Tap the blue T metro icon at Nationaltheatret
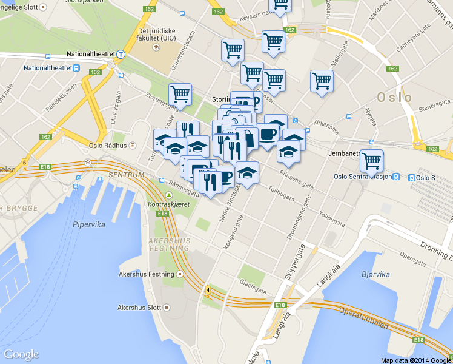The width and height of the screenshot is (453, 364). click(121, 54)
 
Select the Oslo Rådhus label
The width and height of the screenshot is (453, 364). click(108, 146)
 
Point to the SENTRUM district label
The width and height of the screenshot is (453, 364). click(127, 175)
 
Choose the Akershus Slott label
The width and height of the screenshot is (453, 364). click(139, 308)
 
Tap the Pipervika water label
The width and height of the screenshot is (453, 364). click(89, 224)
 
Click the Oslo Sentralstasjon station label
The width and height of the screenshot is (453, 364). click(362, 177)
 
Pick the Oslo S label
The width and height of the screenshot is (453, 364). click(426, 177)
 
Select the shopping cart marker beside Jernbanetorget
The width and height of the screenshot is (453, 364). click(371, 162)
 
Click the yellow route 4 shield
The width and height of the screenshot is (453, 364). click(208, 290)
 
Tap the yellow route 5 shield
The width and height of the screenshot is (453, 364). click(24, 163)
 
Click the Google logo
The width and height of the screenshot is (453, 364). click(21, 354)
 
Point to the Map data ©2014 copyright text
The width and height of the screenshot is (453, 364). click(416, 360)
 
